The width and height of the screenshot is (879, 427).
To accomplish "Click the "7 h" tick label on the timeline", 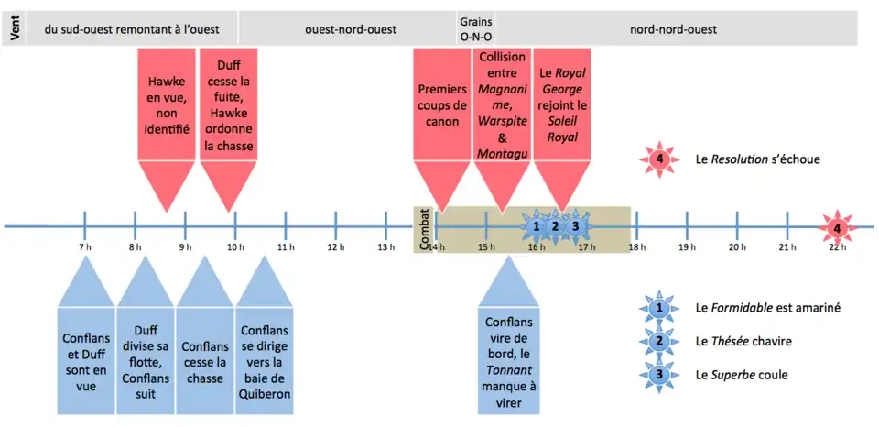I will coord(85,247).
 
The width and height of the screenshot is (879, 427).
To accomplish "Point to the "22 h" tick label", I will coord(836,247).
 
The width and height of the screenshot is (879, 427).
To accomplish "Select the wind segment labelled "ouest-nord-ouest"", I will coord(351,29).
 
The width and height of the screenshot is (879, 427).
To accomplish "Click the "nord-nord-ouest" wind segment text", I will coord(673,29).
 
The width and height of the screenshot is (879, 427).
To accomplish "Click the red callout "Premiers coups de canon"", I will coord(443,105).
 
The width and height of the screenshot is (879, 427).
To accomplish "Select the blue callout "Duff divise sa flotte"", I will coord(145,355).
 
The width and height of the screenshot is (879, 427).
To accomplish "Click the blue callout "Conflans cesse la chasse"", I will coord(205,355).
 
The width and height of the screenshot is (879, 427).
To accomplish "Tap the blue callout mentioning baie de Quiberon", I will coord(265,355).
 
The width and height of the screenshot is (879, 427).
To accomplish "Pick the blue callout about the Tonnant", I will coord(507,355).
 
